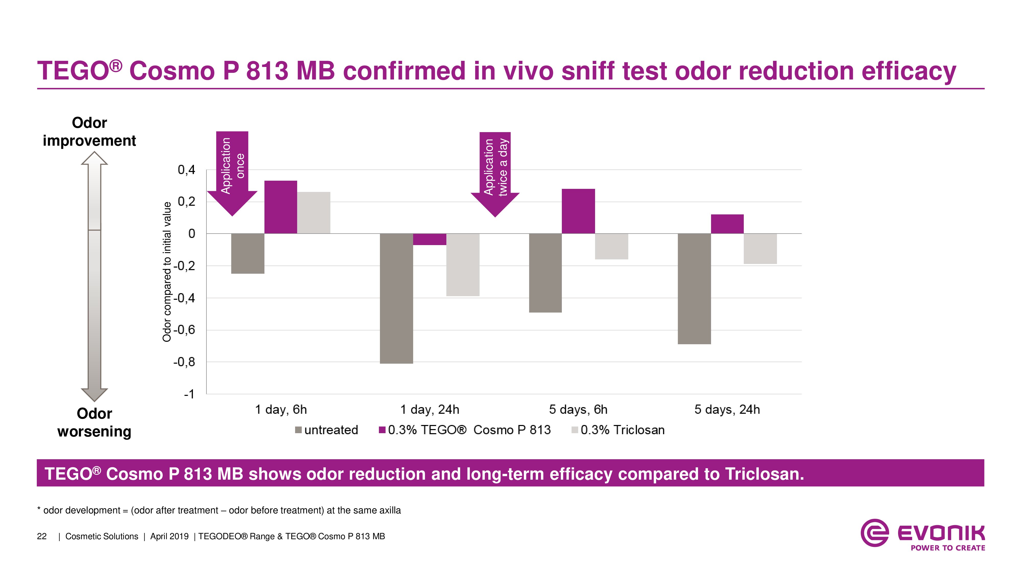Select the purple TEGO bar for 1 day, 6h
(281, 207)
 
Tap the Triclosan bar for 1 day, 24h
(463, 265)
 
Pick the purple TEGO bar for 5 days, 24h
(727, 224)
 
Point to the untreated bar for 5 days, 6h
(545, 273)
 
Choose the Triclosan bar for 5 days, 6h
(611, 246)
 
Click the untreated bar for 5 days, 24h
(694, 289)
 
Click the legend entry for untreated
(327, 430)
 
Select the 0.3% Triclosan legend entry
(618, 430)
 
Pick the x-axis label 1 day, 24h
(430, 409)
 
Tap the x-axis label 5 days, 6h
(578, 409)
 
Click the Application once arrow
(232, 171)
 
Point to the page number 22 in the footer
(42, 536)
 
